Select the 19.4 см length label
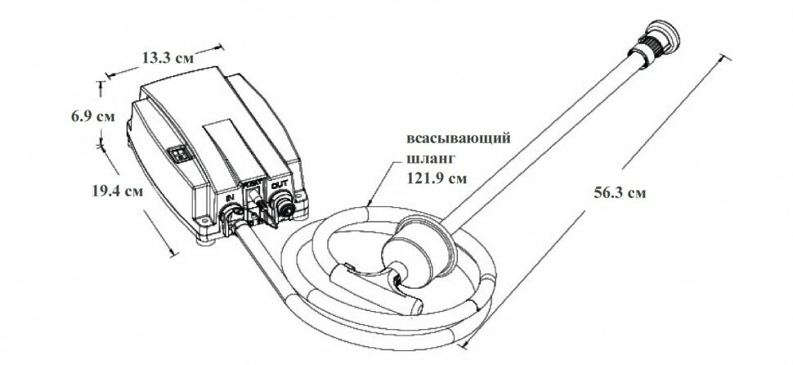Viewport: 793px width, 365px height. [117, 192]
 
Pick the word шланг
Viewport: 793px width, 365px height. [424, 158]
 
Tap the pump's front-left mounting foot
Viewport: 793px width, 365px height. [204, 242]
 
